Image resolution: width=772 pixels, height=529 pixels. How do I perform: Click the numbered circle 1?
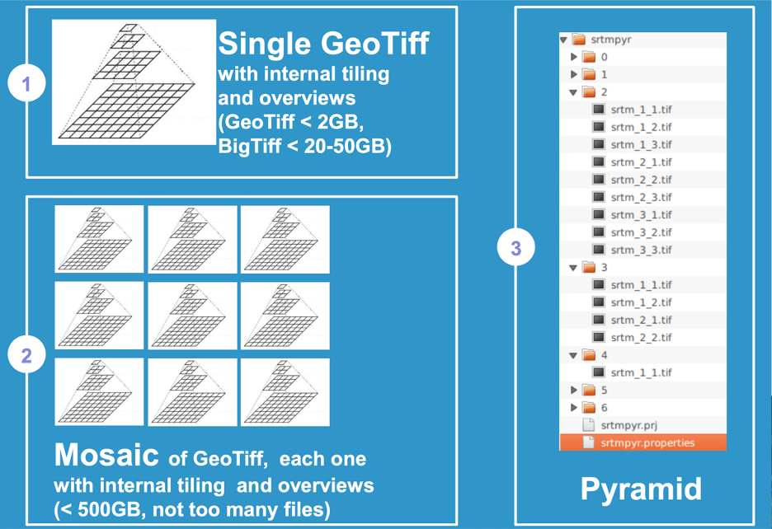[26, 82]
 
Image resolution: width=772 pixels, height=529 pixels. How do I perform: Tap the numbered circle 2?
[26, 354]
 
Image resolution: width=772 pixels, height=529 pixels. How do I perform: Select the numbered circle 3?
[515, 247]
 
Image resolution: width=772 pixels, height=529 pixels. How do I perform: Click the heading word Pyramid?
[641, 489]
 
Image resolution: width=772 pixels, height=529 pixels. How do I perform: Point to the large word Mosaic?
[106, 455]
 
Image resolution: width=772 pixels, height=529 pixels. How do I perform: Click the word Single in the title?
[265, 44]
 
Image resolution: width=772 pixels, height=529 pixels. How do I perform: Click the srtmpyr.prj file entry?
[628, 424]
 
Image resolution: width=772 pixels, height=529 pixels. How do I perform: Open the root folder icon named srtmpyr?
[578, 40]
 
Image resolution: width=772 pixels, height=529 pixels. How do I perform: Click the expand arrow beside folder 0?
[573, 57]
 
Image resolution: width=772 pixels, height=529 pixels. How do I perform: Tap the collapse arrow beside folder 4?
[573, 355]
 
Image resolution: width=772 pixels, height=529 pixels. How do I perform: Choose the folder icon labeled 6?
[589, 407]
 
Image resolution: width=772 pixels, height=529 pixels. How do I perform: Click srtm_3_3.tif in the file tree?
[641, 250]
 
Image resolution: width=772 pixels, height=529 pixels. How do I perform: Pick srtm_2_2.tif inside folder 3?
[641, 338]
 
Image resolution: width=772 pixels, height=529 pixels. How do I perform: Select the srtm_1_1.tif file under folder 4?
[641, 372]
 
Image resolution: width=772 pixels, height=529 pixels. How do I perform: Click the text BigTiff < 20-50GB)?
[305, 146]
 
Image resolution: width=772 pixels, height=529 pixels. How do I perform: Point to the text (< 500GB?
[97, 509]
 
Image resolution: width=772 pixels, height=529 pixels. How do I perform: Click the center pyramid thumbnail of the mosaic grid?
[192, 316]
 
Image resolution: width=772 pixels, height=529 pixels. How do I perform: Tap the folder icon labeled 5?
[589, 391]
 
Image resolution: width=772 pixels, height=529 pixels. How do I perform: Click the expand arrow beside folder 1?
[573, 74]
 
